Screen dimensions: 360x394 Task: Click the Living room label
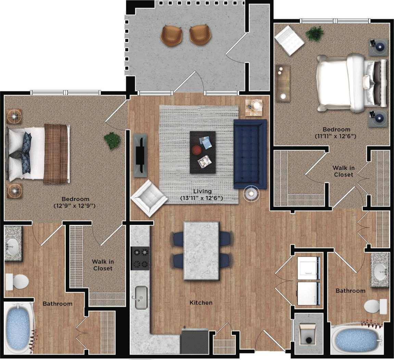[202, 191]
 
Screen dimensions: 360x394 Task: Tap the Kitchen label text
[201, 303]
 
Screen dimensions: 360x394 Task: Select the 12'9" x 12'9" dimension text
[74, 206]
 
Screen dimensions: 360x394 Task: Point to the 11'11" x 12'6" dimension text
[336, 136]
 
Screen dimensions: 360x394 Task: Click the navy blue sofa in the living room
[250, 154]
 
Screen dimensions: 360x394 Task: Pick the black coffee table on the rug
[203, 152]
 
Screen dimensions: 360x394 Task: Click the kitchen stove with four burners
[140, 258]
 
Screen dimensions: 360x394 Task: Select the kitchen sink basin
[141, 297]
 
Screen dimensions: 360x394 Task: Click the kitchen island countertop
[201, 251]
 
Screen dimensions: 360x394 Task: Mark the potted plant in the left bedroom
[112, 140]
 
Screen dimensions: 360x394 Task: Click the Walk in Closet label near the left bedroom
[103, 265]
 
